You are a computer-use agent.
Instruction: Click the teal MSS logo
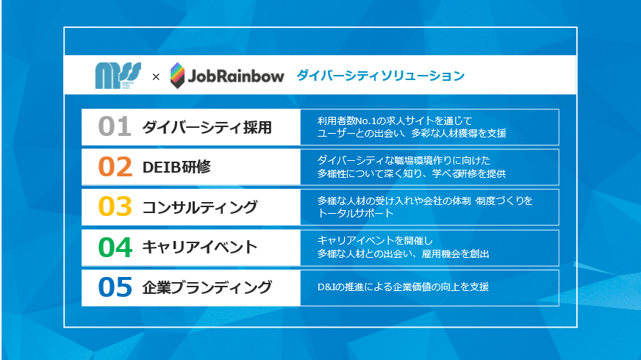[x=118, y=75]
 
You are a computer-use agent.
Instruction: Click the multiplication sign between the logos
[x=156, y=76]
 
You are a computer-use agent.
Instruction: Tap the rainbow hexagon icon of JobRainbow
[x=177, y=75]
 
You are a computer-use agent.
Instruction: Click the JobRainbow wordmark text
[x=236, y=76]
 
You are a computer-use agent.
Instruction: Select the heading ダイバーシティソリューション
[x=381, y=76]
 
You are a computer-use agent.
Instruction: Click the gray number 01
[x=115, y=126]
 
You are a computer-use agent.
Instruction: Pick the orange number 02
[x=115, y=167]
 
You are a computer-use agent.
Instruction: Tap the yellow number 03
[x=115, y=206]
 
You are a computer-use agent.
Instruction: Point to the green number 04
[x=115, y=247]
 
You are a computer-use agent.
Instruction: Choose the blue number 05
[x=115, y=287]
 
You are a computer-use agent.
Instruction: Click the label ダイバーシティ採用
[x=207, y=128]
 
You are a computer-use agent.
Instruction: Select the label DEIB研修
[x=176, y=167]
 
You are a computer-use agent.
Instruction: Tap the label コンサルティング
[x=200, y=207]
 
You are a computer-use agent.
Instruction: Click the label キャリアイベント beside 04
[x=200, y=247]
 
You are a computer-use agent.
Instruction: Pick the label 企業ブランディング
[x=207, y=287]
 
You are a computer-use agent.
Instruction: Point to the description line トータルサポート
[x=356, y=213]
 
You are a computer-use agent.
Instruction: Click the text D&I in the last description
[x=326, y=287]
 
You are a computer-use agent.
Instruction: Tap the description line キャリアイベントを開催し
[x=376, y=241]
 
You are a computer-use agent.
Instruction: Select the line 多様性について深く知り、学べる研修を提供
[x=412, y=173]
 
